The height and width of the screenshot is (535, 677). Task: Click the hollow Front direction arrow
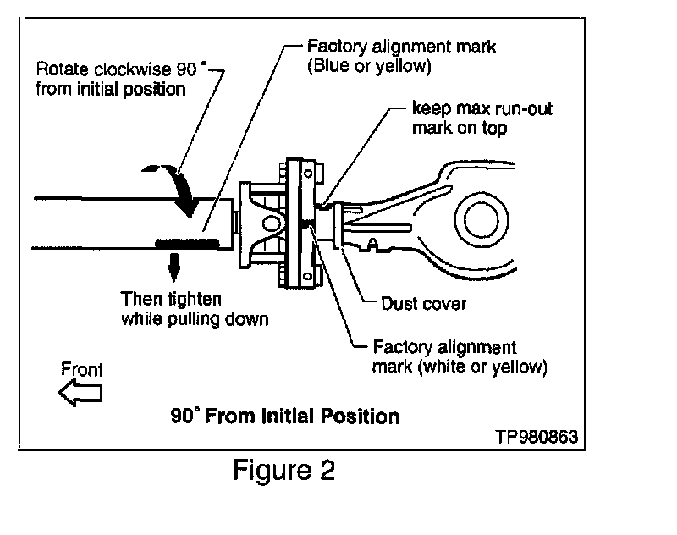coord(80,392)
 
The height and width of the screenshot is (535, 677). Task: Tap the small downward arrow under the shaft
coord(173,267)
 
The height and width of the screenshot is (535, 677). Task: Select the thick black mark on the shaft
coord(187,243)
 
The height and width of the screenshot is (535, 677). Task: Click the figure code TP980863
coord(537,437)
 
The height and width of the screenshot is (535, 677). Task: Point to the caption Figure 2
coord(283,470)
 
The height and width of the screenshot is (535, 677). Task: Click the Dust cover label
coord(424,304)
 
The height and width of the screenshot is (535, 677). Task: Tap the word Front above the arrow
coord(81,370)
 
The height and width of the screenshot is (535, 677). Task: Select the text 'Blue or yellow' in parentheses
coord(369,66)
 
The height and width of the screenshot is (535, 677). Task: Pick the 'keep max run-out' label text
coord(482,108)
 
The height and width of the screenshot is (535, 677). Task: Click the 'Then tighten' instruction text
coord(171,299)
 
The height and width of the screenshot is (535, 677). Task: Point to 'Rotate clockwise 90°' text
coord(121,69)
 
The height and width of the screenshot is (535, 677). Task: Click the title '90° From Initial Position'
coord(285,416)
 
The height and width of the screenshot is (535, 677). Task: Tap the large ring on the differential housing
coord(481,220)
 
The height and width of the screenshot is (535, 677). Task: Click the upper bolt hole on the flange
coord(308,174)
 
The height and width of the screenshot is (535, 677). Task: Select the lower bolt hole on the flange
coord(308,276)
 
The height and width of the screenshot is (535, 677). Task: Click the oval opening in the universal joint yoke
coord(271,223)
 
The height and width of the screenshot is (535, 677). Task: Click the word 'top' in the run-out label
coord(494,129)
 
